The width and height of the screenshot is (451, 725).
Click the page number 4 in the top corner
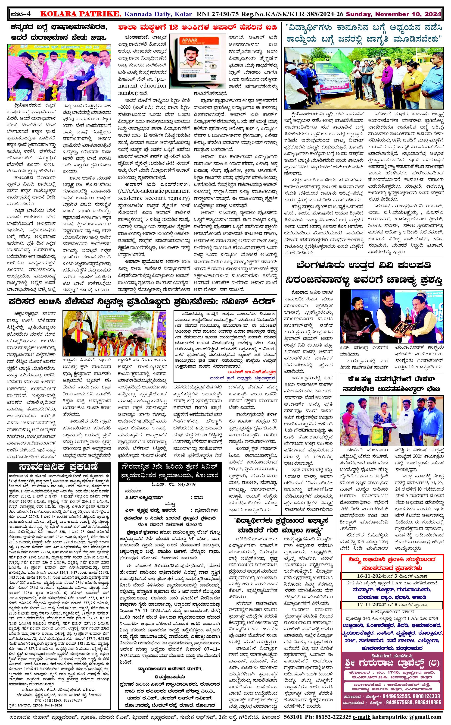32,14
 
